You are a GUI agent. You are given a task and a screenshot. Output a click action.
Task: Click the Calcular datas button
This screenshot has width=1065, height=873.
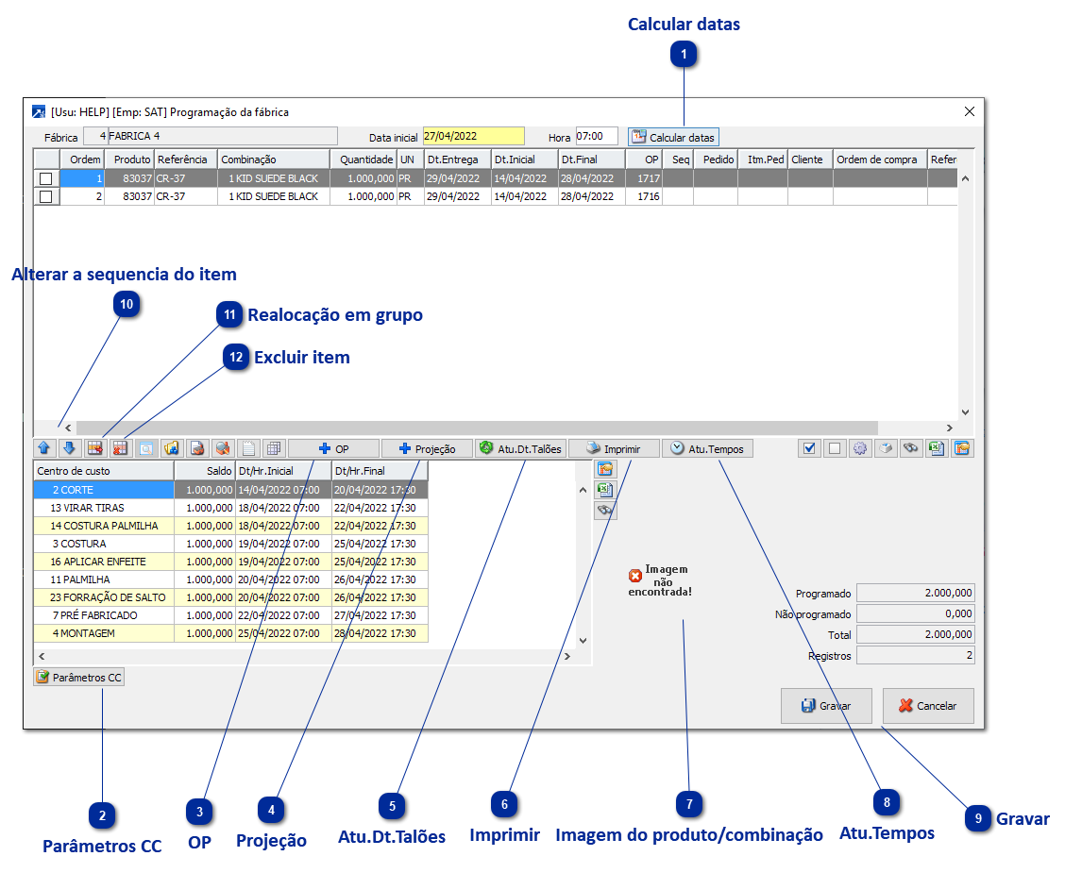pos(673,137)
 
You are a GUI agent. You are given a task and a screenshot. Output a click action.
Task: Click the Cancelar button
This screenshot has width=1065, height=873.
pos(927,706)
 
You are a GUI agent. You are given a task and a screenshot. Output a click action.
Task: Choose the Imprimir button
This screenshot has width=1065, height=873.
pos(613,449)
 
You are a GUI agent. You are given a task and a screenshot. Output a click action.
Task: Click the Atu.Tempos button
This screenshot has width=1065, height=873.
pos(708,449)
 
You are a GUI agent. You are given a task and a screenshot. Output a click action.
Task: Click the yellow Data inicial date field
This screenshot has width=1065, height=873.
pos(473,137)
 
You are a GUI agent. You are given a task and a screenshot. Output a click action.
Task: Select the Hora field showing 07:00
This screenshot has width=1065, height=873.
pos(596,137)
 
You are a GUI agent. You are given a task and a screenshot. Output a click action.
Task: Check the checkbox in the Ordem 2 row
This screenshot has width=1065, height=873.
pos(45,196)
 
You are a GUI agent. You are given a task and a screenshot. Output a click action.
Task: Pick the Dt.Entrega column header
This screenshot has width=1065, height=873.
pos(456,159)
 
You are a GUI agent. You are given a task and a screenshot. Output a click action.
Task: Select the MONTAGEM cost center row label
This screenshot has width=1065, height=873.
pos(87,633)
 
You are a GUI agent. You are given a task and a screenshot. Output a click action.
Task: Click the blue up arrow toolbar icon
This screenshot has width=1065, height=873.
pos(44,448)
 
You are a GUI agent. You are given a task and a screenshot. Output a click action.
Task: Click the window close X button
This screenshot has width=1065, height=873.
pos(970,111)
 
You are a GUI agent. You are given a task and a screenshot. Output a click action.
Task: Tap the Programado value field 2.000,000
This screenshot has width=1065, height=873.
pos(915,594)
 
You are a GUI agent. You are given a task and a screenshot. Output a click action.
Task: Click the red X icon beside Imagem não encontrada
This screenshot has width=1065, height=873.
pos(635,576)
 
